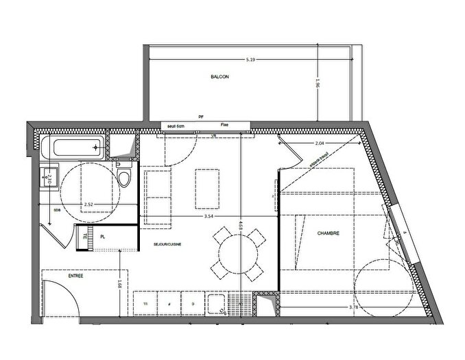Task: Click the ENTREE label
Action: point(75,276)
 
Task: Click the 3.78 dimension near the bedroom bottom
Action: point(353,307)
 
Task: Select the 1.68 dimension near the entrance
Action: point(120,281)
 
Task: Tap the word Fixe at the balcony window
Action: point(224,125)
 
